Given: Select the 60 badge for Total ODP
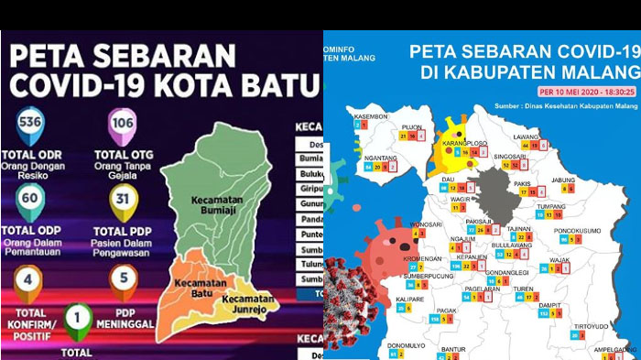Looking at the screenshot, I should pos(29,198).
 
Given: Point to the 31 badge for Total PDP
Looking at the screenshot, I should pos(122,198).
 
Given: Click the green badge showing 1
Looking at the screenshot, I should pos(80,318).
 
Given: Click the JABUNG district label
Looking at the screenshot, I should pos(564,180).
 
